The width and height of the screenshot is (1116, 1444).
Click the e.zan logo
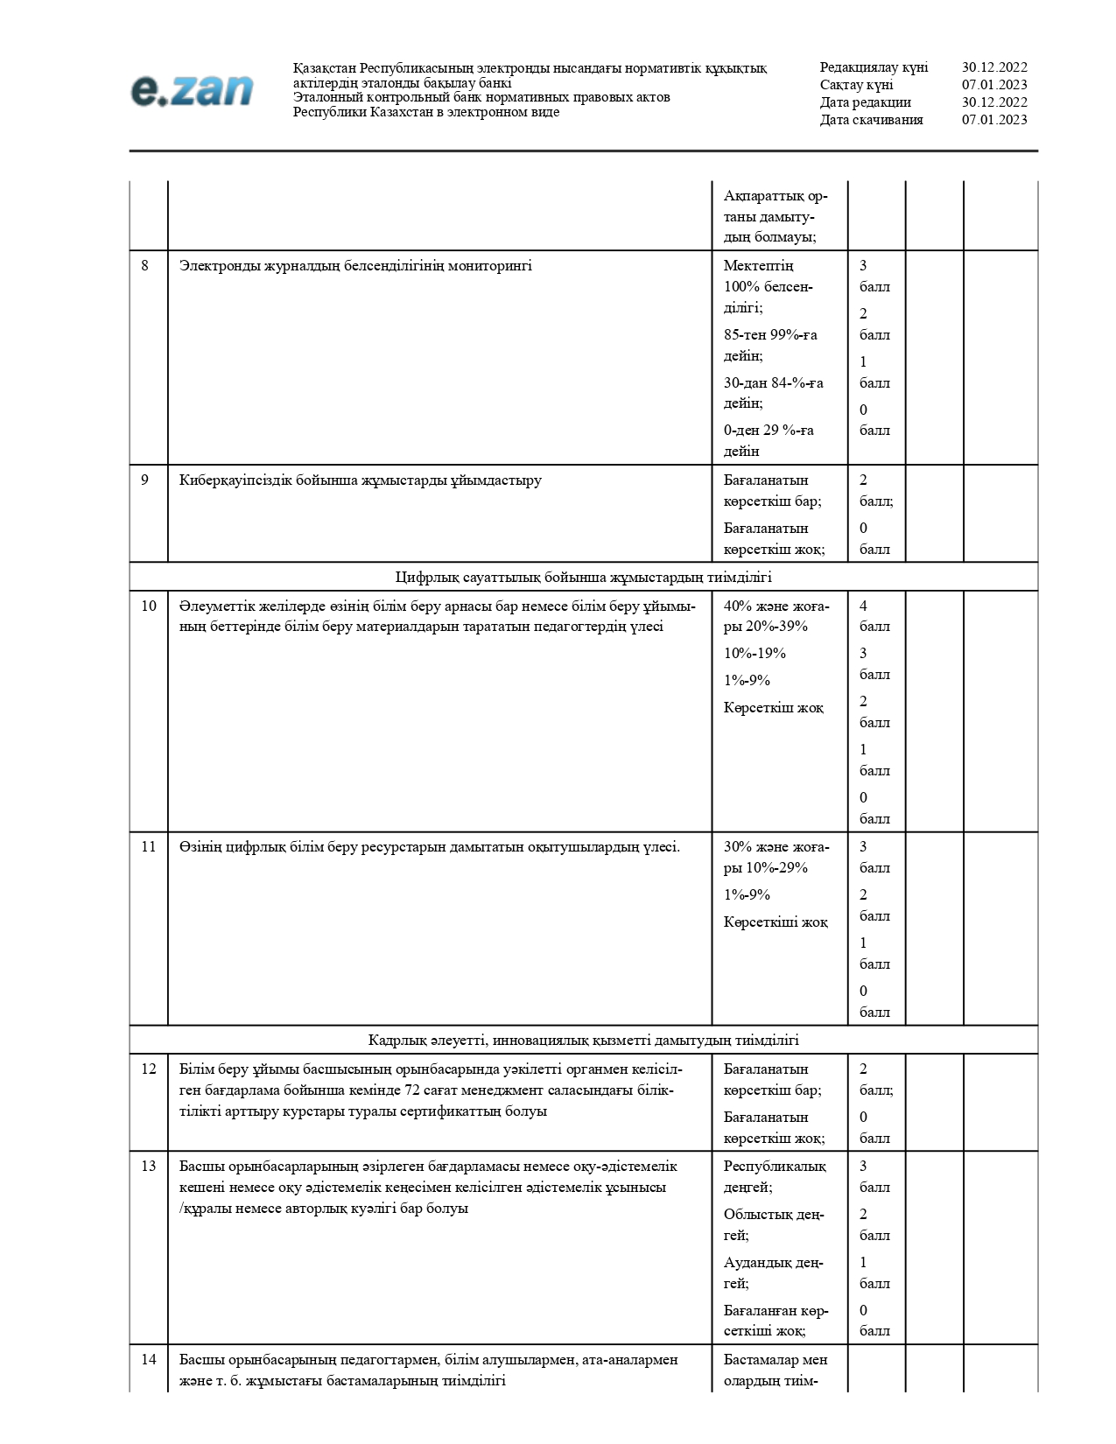click(x=192, y=90)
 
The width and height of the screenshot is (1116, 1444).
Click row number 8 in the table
click(x=145, y=266)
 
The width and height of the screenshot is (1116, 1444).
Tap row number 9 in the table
click(x=145, y=480)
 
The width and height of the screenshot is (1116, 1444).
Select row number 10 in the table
click(x=149, y=606)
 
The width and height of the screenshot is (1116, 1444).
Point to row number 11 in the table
click(x=149, y=846)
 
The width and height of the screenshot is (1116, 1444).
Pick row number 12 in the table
click(x=149, y=1069)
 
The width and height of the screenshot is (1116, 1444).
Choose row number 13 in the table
click(x=149, y=1166)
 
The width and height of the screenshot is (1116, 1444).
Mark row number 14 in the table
click(x=149, y=1359)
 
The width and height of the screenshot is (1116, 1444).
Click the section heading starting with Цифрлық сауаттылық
click(x=583, y=577)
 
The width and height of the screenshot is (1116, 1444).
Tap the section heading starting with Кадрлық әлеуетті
click(x=583, y=1040)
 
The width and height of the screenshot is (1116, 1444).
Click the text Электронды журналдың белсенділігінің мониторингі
click(x=355, y=266)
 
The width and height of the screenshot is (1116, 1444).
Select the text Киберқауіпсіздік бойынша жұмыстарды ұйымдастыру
click(x=361, y=480)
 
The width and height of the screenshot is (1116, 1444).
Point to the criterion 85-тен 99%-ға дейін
click(x=769, y=345)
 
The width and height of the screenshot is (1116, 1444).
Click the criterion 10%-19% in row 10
click(x=755, y=653)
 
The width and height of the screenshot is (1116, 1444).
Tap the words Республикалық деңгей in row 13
click(x=774, y=1176)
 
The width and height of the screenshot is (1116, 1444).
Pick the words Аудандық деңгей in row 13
click(x=773, y=1272)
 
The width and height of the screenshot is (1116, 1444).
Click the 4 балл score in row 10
click(x=874, y=616)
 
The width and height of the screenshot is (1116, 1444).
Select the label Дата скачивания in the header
click(x=871, y=120)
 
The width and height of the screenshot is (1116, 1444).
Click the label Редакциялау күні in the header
click(x=874, y=67)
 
